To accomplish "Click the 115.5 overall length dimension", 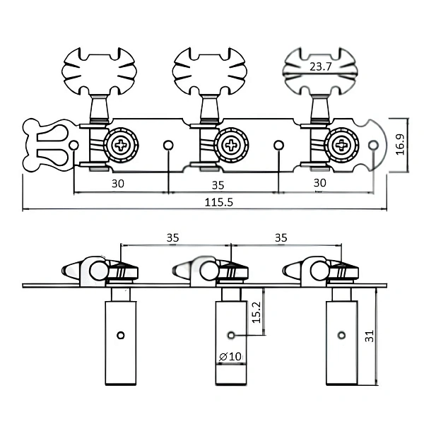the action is pos(218,202).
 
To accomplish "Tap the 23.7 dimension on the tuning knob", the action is pos(320,66).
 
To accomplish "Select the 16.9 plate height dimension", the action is pos(400,144).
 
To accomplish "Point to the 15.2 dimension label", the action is pos(257,312).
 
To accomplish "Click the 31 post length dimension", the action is pos(369,336).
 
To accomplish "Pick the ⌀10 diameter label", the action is pos(230,356).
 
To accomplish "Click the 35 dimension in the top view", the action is pos(218,185).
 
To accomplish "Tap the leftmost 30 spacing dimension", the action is pos(118,184).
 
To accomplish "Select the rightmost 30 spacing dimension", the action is pos(320,183).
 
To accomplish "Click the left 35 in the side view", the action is pos(173,237).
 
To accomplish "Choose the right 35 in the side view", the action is pos(281,237).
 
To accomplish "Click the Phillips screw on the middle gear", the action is pos(231,145).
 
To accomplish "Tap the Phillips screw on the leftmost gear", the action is pos(121,145).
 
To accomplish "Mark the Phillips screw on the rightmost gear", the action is pos(341,145).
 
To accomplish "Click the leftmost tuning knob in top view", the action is pos(99,71).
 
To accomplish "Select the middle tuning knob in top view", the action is pos(210,71).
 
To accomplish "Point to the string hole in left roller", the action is pos(121,336).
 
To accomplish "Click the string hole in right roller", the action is pos(342,336).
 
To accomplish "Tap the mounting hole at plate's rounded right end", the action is pos(373,145).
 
